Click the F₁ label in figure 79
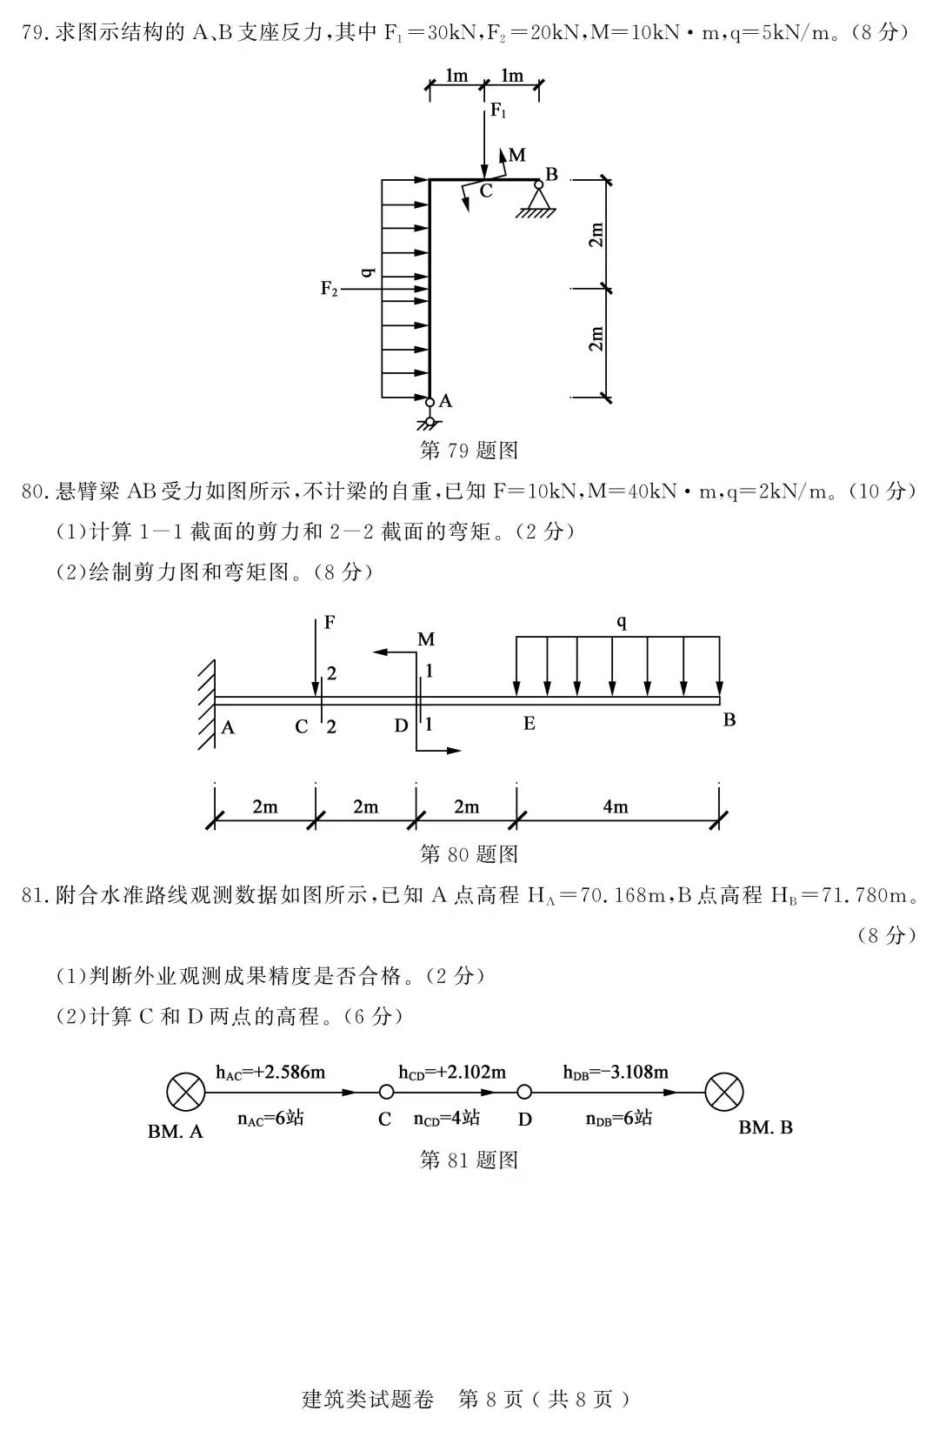point(498,110)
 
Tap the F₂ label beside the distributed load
point(329,289)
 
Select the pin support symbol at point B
point(539,201)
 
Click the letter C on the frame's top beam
point(486,191)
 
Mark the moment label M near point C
point(517,155)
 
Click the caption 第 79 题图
point(469,450)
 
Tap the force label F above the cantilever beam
point(330,622)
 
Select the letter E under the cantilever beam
point(529,724)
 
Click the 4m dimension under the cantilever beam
point(616,806)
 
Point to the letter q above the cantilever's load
point(621,621)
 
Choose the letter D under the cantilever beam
point(400,725)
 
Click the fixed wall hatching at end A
point(205,703)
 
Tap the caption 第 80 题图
point(469,853)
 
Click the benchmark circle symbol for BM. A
point(185,1092)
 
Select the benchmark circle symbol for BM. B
point(724,1092)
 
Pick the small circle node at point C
point(386,1093)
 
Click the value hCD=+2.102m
point(452,1072)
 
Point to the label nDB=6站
point(618,1118)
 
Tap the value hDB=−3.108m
point(616,1072)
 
